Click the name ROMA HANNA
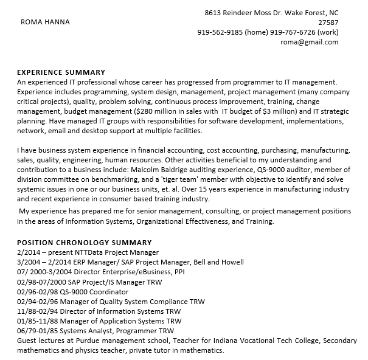coord(45,22)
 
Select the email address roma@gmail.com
coord(309,42)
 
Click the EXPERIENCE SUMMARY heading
coord(61,72)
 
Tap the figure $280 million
coord(156,111)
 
